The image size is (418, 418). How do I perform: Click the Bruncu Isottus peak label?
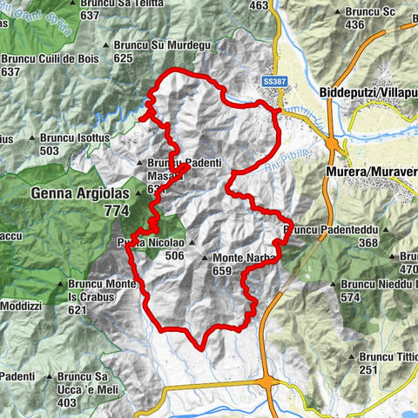click(70, 138)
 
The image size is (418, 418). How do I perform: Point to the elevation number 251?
click(368, 370)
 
